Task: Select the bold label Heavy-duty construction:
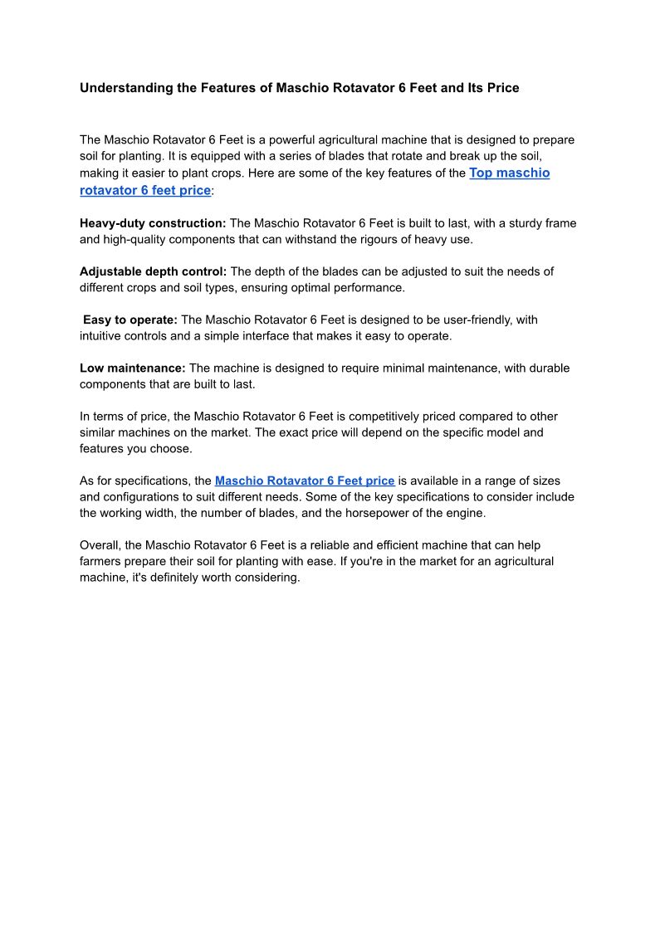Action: tap(153, 223)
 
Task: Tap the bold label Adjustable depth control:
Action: tap(153, 271)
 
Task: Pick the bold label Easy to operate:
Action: tap(130, 320)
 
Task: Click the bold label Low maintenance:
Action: tap(133, 368)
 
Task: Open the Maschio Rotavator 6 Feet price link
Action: tap(305, 481)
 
